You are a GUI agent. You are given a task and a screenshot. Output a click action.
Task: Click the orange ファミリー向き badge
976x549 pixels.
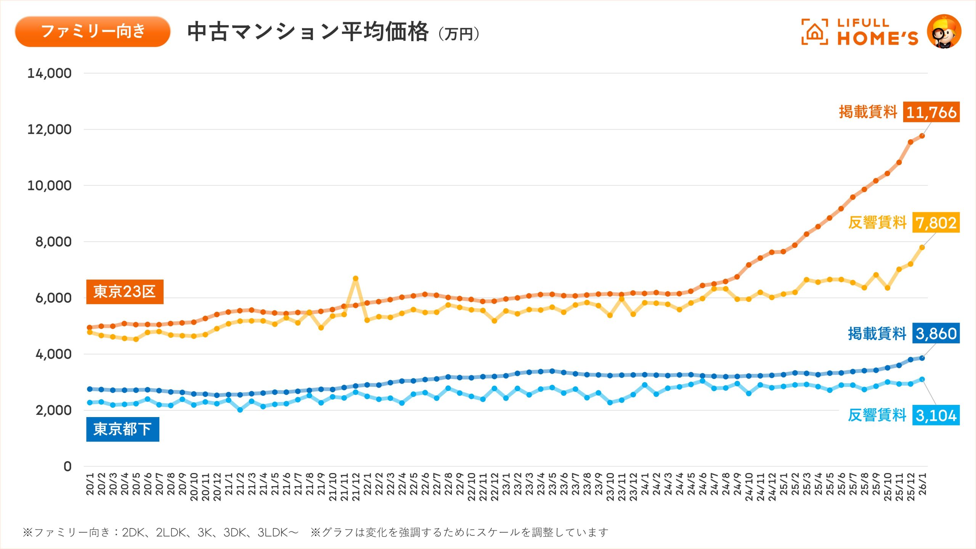point(93,31)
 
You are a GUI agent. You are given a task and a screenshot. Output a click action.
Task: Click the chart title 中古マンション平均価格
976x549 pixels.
point(308,32)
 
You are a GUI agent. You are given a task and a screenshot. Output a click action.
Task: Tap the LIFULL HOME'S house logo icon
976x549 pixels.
point(814,32)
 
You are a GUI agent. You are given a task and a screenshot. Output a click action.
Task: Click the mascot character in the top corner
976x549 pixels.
point(944,32)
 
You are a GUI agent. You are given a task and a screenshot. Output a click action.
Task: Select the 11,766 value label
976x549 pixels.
point(931,112)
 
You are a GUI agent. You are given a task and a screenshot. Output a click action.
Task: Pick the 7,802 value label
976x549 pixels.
point(936,223)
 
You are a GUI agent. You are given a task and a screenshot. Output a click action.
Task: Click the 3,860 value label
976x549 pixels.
point(936,334)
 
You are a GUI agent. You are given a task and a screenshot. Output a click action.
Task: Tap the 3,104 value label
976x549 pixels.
point(936,415)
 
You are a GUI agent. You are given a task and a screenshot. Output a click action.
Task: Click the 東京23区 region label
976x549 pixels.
point(125,292)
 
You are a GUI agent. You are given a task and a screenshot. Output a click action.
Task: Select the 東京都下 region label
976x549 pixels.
point(122,429)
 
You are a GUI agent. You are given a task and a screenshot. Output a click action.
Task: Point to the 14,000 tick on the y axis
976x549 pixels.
point(49,73)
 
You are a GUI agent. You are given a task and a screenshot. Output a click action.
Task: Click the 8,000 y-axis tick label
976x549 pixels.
point(53,242)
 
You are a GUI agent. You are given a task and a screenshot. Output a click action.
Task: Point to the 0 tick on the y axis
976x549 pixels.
point(67,466)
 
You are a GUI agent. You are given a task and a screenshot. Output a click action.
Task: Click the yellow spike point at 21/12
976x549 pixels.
point(355,279)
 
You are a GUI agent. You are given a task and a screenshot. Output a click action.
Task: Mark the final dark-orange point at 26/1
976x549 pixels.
point(922,136)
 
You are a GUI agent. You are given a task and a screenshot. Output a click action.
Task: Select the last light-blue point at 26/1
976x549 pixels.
point(922,379)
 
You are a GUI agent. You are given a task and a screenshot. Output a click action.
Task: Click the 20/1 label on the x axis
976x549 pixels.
point(90,484)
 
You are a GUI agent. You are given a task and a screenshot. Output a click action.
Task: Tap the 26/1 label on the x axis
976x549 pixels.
point(922,484)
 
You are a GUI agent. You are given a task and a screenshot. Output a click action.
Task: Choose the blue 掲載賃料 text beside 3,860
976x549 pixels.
point(877,334)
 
